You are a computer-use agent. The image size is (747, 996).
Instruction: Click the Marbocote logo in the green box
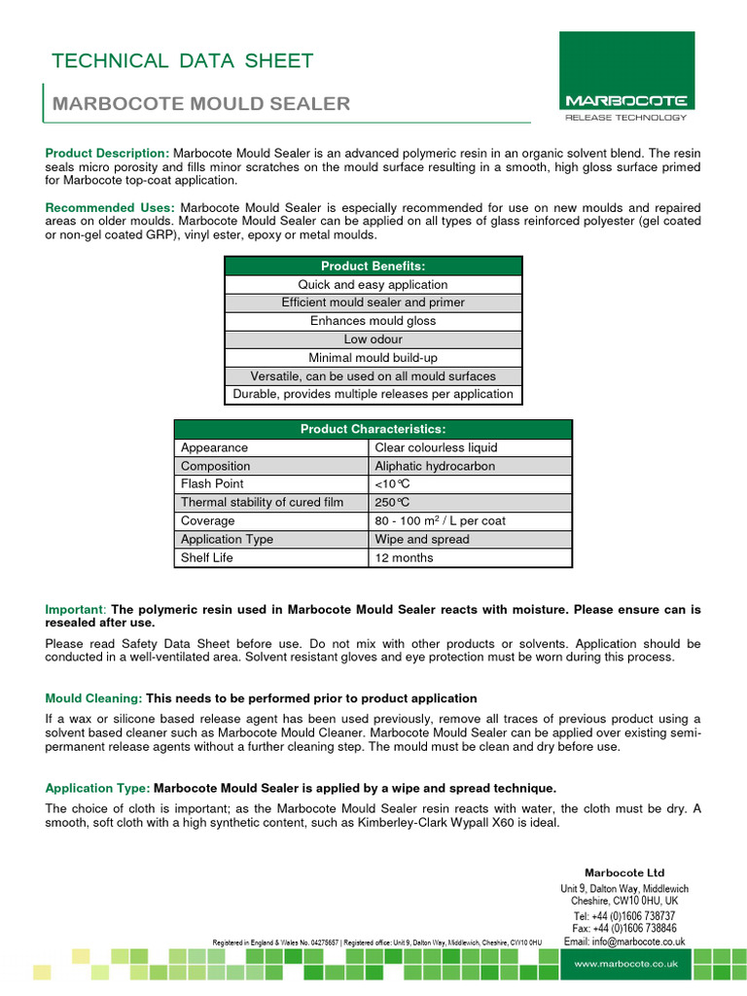click(626, 100)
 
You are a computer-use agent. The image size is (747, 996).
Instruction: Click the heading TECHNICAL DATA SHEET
click(182, 61)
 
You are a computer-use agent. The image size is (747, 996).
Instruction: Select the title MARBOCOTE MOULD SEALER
click(200, 104)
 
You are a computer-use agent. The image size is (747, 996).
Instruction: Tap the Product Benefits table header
click(373, 267)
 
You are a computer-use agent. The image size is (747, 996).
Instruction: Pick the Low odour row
click(373, 339)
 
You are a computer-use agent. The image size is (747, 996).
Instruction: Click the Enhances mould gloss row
click(373, 321)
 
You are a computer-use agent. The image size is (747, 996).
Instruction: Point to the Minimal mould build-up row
click(373, 358)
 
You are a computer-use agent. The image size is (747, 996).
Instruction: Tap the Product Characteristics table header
click(373, 429)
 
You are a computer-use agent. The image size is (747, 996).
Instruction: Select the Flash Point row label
click(212, 483)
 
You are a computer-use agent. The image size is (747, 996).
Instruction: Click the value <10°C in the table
click(393, 483)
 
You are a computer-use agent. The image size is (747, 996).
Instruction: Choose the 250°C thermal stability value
click(393, 502)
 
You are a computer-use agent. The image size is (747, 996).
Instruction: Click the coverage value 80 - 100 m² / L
click(440, 520)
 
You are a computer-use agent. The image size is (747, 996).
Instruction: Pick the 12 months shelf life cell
click(405, 557)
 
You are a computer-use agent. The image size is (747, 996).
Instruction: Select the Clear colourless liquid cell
click(436, 447)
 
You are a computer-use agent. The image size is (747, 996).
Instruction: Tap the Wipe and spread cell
click(422, 539)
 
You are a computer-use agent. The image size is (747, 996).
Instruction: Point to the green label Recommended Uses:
click(110, 208)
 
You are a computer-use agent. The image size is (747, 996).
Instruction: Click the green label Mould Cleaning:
click(93, 698)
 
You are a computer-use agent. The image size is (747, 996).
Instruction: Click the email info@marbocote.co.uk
click(624, 942)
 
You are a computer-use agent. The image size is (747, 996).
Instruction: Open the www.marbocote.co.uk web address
click(625, 964)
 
